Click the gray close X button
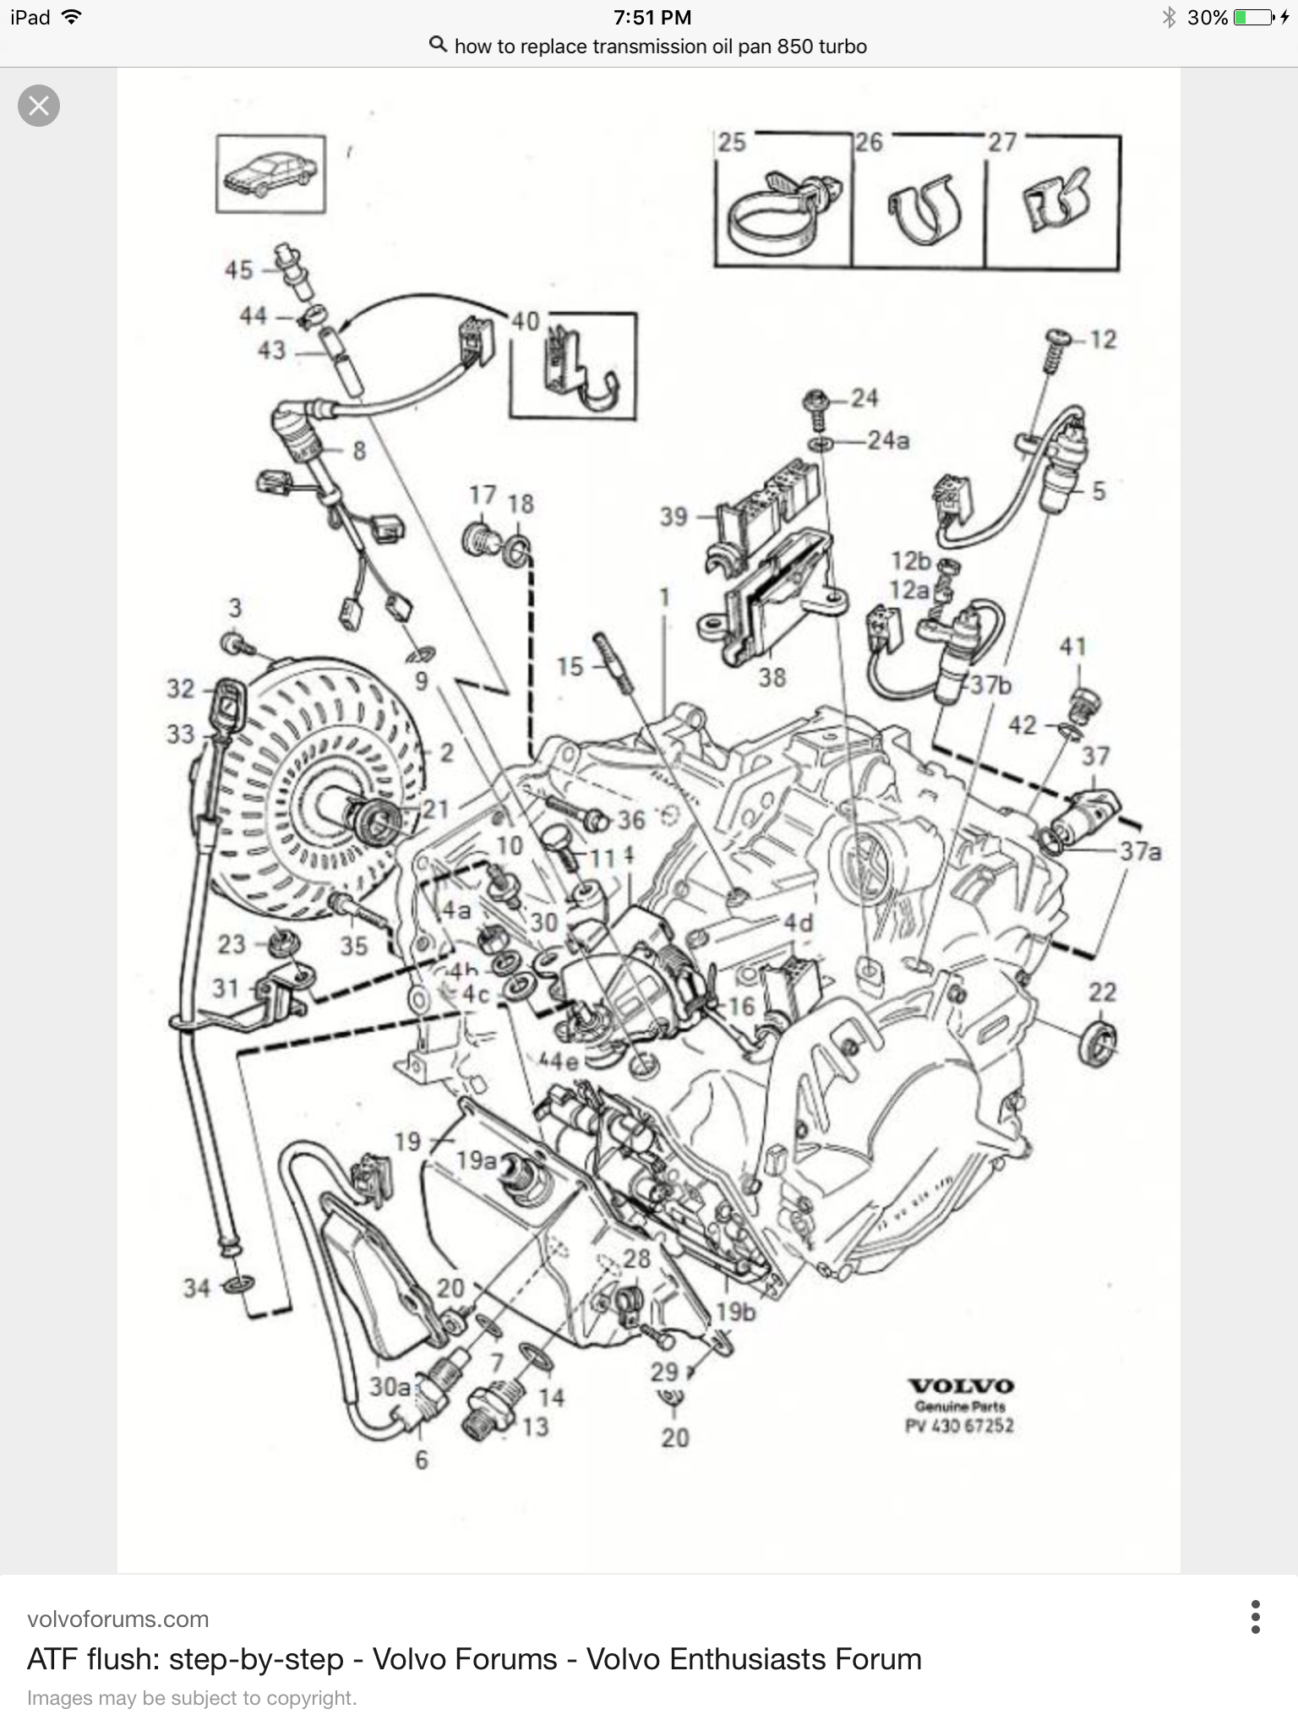(x=39, y=106)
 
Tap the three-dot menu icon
(x=1255, y=1617)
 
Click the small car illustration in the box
(x=270, y=174)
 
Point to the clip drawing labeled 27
(x=1055, y=203)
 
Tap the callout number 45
(x=238, y=270)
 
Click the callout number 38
(x=772, y=677)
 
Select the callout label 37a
(x=1140, y=851)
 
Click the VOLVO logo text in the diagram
(x=961, y=1386)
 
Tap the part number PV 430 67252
(x=960, y=1426)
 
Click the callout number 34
(x=197, y=1288)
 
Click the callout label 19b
(x=735, y=1312)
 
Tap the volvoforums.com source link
(x=117, y=1619)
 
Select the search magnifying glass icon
(x=438, y=45)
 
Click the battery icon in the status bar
(x=1253, y=17)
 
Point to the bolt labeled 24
(x=817, y=401)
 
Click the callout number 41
(x=1072, y=647)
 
